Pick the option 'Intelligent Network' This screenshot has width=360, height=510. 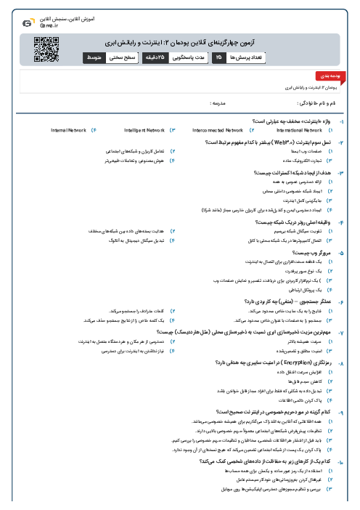[x=144, y=130]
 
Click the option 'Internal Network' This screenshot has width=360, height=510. [x=68, y=130]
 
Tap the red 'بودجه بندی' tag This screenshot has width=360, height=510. [x=324, y=76]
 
